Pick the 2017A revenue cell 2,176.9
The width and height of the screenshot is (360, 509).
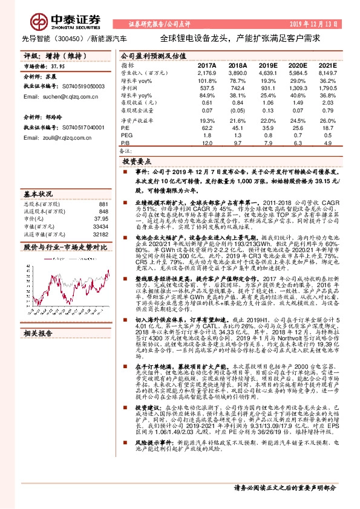tap(206, 73)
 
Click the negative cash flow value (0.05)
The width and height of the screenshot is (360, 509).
tap(238, 111)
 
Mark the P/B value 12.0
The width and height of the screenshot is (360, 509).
tap(206, 143)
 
